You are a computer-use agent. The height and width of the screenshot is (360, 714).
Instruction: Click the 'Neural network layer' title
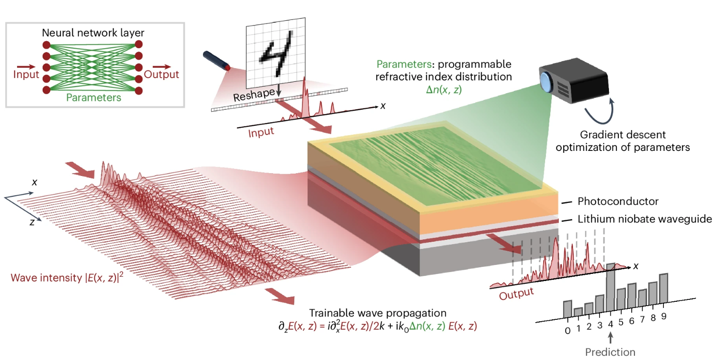[93, 33]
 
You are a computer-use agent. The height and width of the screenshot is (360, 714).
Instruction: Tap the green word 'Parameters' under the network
[93, 97]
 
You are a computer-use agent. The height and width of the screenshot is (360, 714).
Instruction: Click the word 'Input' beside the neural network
[26, 75]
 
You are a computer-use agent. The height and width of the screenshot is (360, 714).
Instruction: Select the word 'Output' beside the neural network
[162, 75]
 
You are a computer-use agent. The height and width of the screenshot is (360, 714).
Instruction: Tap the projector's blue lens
[547, 82]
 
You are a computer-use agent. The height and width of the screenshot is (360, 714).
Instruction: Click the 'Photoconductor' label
[617, 202]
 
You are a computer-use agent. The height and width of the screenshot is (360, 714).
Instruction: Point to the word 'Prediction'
[610, 352]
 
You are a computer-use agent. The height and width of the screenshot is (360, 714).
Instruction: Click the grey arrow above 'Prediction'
[610, 338]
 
